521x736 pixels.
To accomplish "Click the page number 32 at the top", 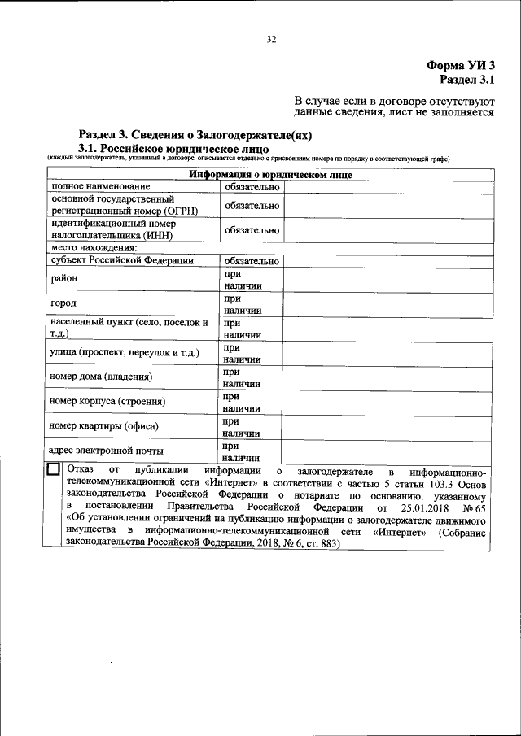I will tap(272, 38).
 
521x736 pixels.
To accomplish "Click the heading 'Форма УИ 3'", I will tap(460, 65).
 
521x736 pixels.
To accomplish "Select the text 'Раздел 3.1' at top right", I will tap(466, 80).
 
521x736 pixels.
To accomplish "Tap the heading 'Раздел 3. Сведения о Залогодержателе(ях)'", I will tap(195, 135).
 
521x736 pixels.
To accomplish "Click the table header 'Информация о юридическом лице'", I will tap(270, 174).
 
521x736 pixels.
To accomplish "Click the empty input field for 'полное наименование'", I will tap(387, 186).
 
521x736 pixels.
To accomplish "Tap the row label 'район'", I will tap(63, 278).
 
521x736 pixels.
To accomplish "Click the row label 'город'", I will tap(63, 303).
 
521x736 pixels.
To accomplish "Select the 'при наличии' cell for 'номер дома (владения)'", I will tap(251, 377).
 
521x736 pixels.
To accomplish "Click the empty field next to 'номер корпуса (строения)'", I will tap(387, 402).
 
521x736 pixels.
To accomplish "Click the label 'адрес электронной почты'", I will tap(106, 450).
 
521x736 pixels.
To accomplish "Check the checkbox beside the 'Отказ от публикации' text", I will tap(54, 469).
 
